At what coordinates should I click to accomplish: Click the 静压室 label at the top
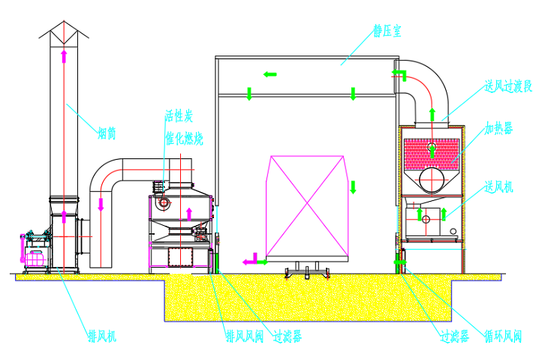pyautogui.click(x=388, y=31)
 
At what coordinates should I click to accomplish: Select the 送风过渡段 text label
pyautogui.click(x=507, y=87)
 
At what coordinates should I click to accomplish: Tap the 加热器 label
pyautogui.click(x=498, y=128)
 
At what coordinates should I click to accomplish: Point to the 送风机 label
pyautogui.click(x=498, y=186)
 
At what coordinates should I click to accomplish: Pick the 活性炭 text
pyautogui.click(x=179, y=116)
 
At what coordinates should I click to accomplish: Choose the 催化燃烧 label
pyautogui.click(x=183, y=139)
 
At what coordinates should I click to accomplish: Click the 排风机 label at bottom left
pyautogui.click(x=101, y=335)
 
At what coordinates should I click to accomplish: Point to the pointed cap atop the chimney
pyautogui.click(x=64, y=31)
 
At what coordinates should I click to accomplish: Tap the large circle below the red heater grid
pyautogui.click(x=432, y=179)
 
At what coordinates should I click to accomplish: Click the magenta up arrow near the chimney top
pyautogui.click(x=64, y=55)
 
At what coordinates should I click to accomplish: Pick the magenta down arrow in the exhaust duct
pyautogui.click(x=101, y=203)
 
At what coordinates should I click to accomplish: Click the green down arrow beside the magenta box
pyautogui.click(x=351, y=187)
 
